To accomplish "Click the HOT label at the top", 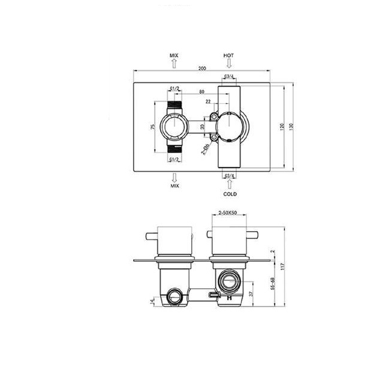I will pos(228,55).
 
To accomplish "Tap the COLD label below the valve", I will pos(230,194).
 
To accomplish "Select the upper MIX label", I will pos(175,55).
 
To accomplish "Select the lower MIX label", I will pos(175,186).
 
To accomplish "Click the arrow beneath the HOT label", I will pos(228,63).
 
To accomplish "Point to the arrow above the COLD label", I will pos(230,184).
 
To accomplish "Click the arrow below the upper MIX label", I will pos(175,63).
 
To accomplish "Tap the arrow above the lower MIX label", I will pos(175,177).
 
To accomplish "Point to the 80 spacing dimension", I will pos(201,91).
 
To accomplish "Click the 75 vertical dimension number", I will pos(153,127).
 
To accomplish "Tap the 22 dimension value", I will pos(207,102).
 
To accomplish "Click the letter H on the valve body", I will pos(228,297).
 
